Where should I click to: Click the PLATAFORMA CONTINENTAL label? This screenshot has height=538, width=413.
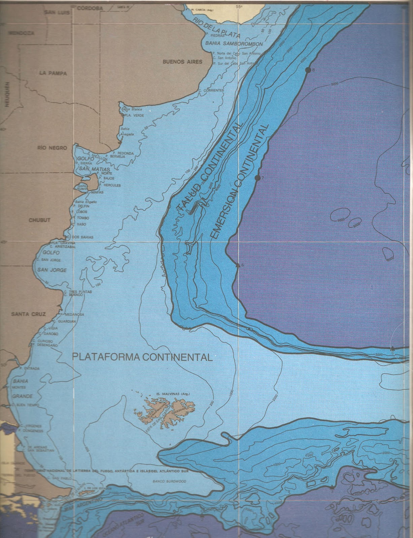[x=143, y=356]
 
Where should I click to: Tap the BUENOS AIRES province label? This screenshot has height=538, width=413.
[x=182, y=62]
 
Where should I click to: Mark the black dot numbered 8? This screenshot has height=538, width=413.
[x=308, y=70]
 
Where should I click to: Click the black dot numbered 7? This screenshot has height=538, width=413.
[x=257, y=178]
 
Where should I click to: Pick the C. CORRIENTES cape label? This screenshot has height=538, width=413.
[x=211, y=90]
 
